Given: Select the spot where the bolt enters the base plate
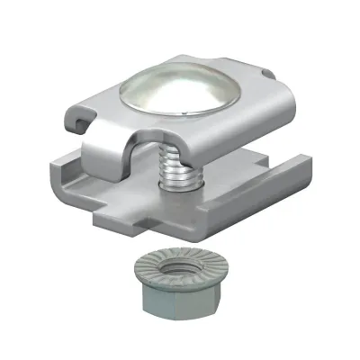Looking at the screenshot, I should (175, 187).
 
